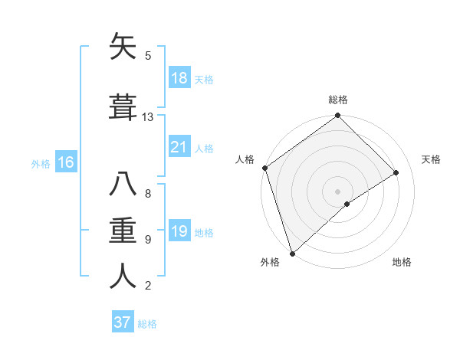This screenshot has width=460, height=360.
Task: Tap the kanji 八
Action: coord(123,185)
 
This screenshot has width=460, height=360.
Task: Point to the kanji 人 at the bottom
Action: coord(123,277)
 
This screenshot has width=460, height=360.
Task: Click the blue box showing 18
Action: coord(179,78)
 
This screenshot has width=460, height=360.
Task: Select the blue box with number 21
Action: coord(179,147)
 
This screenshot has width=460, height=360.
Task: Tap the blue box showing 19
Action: coord(179,231)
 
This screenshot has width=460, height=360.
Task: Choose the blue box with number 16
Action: coord(65,162)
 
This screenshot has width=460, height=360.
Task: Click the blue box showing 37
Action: coord(123,322)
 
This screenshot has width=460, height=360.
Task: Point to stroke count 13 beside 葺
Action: coord(148,117)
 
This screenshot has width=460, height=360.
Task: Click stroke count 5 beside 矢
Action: coord(148,56)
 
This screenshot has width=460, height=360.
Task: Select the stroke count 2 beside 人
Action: coord(148,286)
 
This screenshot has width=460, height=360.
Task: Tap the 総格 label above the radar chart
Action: coord(338,100)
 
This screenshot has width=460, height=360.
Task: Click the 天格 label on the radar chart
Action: coord(432,159)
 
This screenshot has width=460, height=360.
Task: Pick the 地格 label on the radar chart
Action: coord(402,263)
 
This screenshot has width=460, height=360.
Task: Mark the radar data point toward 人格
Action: coord(264,168)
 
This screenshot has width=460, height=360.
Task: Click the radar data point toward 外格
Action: coord(291,253)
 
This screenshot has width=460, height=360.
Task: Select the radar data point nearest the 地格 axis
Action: coord(347,204)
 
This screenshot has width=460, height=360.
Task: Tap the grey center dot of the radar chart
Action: coord(337,191)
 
